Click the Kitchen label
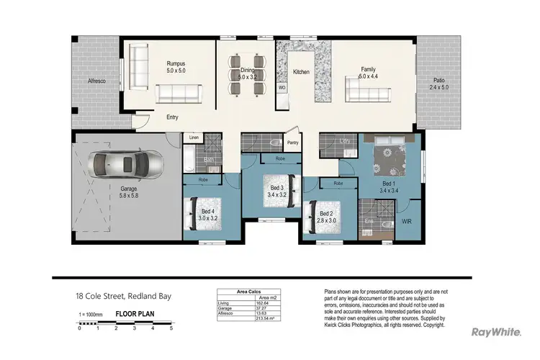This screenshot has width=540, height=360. (x=301, y=73)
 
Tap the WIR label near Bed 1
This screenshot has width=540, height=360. (x=407, y=221)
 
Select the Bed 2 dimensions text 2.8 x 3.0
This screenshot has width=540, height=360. (x=326, y=220)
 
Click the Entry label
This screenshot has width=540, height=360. (x=173, y=117)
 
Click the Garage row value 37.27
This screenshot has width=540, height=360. (x=264, y=309)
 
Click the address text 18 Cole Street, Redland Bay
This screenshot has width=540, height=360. (x=124, y=296)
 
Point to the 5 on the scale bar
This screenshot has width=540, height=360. (x=171, y=328)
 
